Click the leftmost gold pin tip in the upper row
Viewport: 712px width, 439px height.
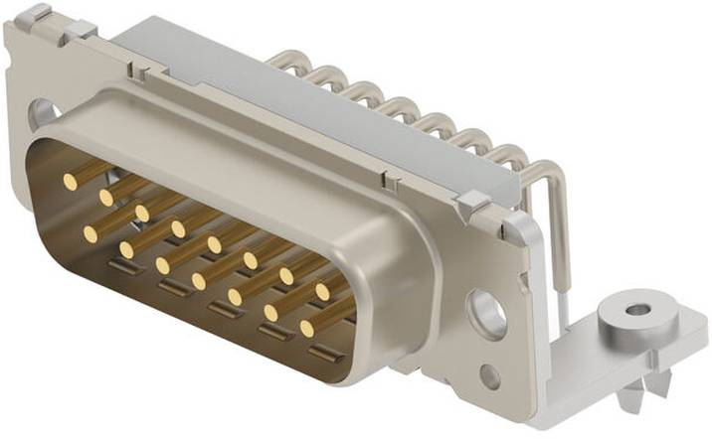click(70, 181)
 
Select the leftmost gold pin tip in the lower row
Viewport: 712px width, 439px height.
click(90, 234)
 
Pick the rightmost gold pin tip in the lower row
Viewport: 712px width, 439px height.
click(307, 328)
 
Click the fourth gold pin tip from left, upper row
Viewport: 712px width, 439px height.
click(178, 229)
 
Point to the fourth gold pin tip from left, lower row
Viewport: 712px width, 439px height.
click(199, 281)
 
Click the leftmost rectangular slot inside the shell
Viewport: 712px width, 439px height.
click(125, 267)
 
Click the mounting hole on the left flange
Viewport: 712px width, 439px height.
click(42, 111)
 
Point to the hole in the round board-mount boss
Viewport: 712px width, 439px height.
click(637, 312)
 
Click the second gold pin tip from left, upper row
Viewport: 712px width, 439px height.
click(106, 198)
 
